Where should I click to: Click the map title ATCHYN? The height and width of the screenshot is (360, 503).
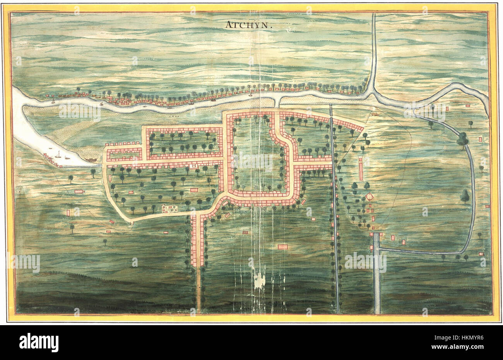pos(249,26)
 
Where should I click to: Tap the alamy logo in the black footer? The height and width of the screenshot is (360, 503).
pos(39,343)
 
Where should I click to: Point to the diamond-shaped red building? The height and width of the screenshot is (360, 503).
pos(370,197)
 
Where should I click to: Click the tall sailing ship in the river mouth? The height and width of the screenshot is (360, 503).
pos(58,154)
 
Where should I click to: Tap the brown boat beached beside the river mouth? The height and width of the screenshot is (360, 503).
pos(91,159)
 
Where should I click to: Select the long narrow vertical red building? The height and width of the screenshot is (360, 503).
pos(361,168)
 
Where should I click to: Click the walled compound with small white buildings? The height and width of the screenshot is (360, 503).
pos(170,209)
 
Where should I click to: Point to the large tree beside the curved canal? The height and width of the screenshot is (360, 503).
pos(462,139)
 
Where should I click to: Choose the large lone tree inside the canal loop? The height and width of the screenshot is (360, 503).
pos(465,195)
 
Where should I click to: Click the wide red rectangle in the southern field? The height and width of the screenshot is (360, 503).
pos(283,247)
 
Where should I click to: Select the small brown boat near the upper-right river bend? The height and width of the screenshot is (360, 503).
pos(375,114)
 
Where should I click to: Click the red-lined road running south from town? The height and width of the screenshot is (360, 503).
pos(197,240)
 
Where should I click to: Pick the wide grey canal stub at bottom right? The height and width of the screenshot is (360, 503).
pos(376,279)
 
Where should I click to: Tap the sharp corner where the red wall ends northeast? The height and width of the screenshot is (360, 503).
pos(364,127)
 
